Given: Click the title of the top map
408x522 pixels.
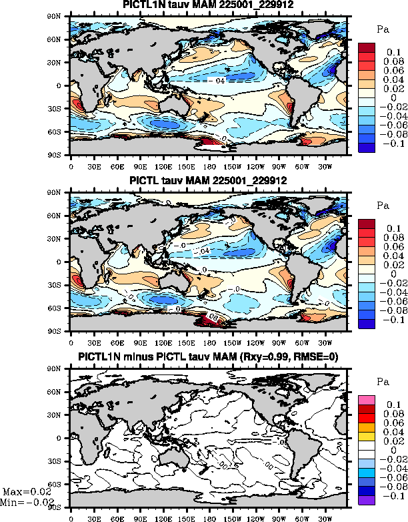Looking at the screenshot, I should pyautogui.click(x=208, y=5).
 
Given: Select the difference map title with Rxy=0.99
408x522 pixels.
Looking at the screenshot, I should pyautogui.click(x=208, y=358).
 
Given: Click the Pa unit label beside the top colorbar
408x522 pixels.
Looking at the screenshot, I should pyautogui.click(x=383, y=29).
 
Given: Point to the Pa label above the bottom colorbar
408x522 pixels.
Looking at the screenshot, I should pyautogui.click(x=383, y=382).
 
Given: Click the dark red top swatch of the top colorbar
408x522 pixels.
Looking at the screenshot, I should pyautogui.click(x=368, y=47).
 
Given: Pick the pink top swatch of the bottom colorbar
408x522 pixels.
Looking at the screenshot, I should pyautogui.click(x=368, y=399).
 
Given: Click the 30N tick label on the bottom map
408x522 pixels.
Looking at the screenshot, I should pyautogui.click(x=60, y=415).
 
